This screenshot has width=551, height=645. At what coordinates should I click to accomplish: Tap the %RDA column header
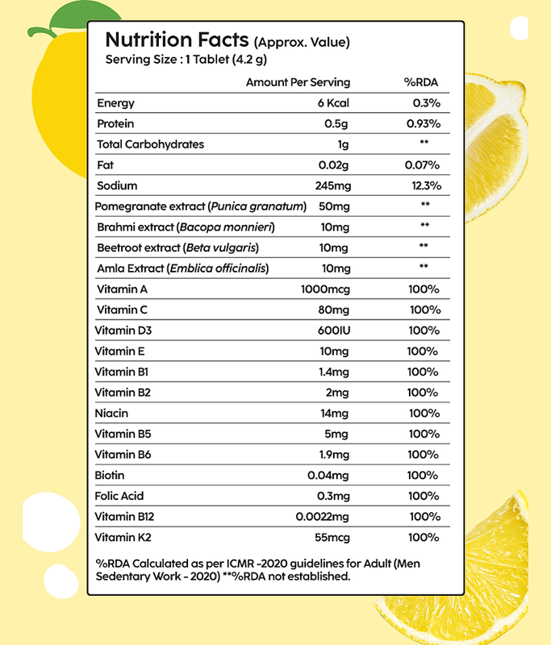click(x=420, y=82)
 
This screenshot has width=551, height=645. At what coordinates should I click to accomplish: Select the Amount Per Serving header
click(x=298, y=82)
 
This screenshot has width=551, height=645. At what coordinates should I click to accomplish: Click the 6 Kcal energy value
click(x=333, y=103)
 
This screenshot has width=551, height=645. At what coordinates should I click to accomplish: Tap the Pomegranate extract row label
click(x=150, y=206)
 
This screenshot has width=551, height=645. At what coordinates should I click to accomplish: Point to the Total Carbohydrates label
click(x=150, y=145)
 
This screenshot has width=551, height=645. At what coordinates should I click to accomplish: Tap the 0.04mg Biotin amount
click(x=328, y=476)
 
